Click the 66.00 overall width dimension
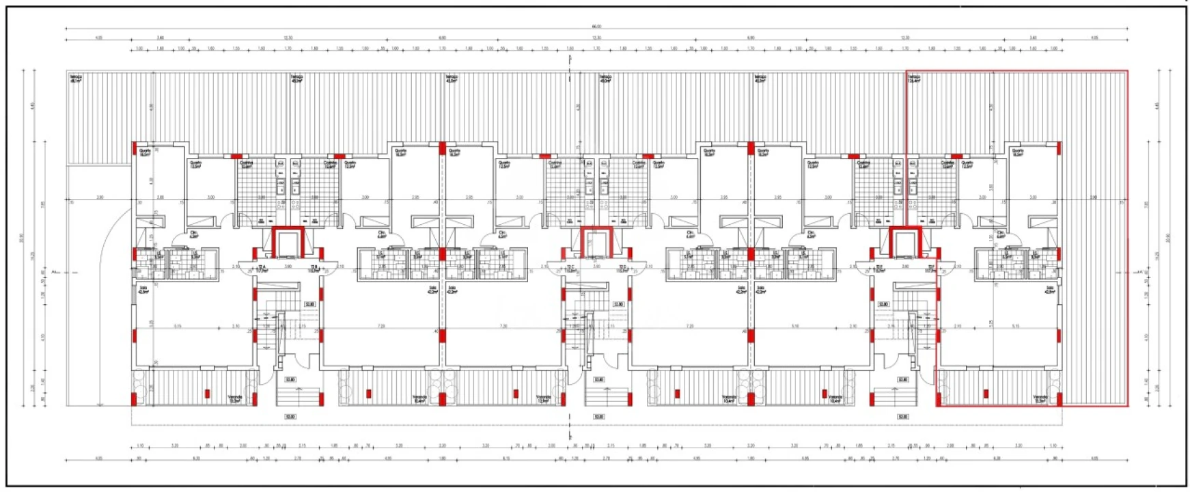click(596, 26)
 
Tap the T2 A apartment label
click(261, 269)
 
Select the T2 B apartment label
click(315, 269)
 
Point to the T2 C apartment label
click(570, 269)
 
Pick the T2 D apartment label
click(623, 269)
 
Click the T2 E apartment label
click(878, 269)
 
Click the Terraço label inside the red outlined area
click(914, 79)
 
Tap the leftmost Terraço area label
click(75, 79)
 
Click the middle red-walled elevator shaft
click(596, 244)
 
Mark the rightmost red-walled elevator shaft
click(905, 244)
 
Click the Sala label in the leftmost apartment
click(143, 290)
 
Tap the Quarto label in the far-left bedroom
click(145, 152)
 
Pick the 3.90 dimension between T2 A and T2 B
click(288, 266)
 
